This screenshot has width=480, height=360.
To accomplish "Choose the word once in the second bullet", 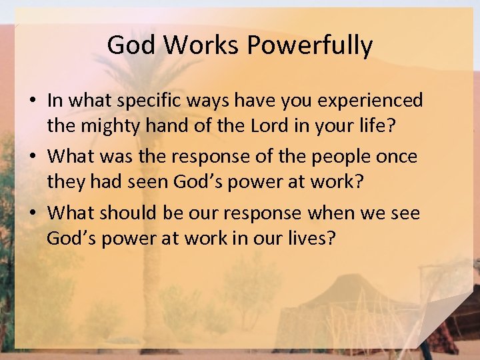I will click(x=400, y=157).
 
